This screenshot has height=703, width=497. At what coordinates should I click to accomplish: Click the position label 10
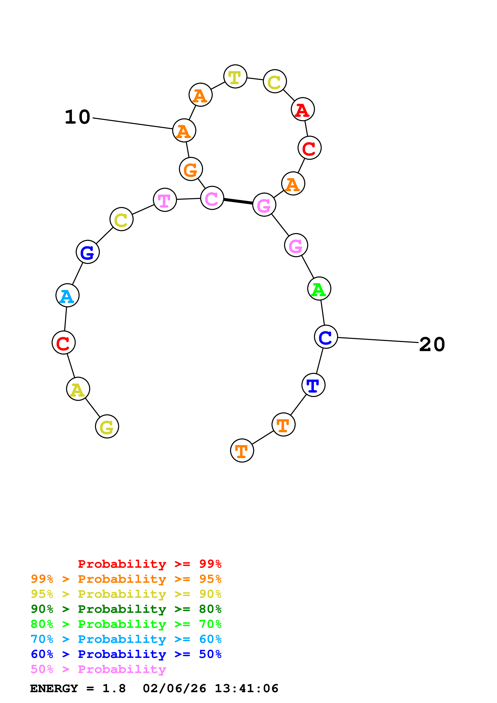click(x=77, y=117)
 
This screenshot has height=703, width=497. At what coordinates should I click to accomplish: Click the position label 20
click(x=432, y=344)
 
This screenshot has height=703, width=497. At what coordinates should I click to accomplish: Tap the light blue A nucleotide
click(x=67, y=295)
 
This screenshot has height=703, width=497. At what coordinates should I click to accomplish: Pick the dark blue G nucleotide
click(x=88, y=252)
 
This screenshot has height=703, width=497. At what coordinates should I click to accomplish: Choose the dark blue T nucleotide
click(x=313, y=385)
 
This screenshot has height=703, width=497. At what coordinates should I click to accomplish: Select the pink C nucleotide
click(x=212, y=198)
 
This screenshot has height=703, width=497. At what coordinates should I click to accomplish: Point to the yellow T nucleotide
click(x=235, y=77)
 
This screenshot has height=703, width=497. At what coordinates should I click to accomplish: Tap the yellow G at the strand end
click(x=107, y=426)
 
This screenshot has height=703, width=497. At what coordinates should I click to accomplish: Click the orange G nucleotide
click(x=191, y=169)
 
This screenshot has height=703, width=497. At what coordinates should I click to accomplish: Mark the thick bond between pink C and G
click(x=238, y=201)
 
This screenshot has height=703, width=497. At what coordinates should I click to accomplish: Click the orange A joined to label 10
click(x=184, y=131)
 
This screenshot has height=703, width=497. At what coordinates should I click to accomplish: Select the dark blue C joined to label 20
click(x=326, y=337)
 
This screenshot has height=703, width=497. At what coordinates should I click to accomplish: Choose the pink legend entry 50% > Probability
click(x=98, y=669)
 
